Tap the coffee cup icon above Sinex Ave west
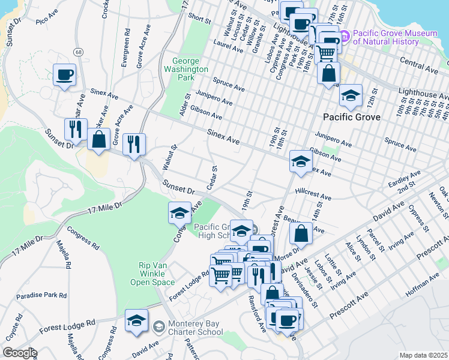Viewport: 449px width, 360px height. click(64, 75)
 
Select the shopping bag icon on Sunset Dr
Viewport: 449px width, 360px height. click(98, 140)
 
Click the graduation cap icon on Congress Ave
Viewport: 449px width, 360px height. click(179, 213)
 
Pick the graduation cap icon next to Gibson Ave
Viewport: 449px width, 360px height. click(301, 161)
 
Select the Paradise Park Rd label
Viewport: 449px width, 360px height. click(41, 295)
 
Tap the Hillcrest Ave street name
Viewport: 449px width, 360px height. click(313, 196)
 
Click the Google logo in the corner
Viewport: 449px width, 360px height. click(20, 353)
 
